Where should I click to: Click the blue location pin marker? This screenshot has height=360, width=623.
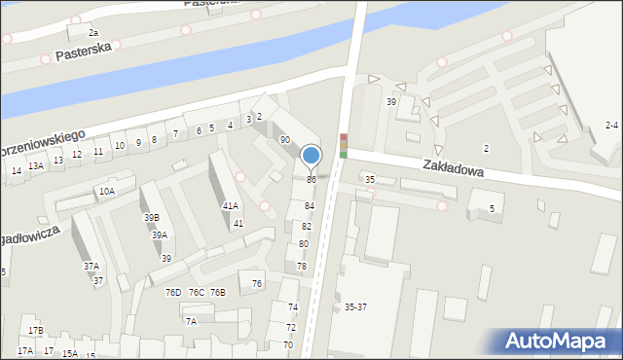coord(311,156)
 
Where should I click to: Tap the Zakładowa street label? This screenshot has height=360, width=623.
coord(454,167)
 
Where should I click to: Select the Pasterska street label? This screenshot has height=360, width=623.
coord(85,50)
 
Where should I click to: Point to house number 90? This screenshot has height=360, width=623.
coord(285,140)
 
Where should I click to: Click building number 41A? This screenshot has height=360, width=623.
coord(230,205)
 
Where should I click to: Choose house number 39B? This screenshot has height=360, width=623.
coord(151,217)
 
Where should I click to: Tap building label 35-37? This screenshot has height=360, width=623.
coord(355,306)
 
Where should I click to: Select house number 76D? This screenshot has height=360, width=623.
coord(173,292)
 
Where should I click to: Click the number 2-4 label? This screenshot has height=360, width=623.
coord(611,125)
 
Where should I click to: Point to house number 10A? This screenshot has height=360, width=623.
coord(106,192)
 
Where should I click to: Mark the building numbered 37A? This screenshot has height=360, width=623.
coord(91,266)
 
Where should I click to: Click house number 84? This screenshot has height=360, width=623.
coord(310,206)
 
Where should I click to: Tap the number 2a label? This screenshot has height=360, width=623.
coord(93,33)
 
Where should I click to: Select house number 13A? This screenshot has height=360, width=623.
coord(36,166)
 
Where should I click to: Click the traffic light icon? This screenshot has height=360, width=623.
coord(343,146)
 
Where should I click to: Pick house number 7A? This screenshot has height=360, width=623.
coord(192,321)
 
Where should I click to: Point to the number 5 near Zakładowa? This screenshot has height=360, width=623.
coord(493,209)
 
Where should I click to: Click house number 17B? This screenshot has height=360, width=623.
coord(36,331)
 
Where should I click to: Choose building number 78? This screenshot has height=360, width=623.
coord(302,266)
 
